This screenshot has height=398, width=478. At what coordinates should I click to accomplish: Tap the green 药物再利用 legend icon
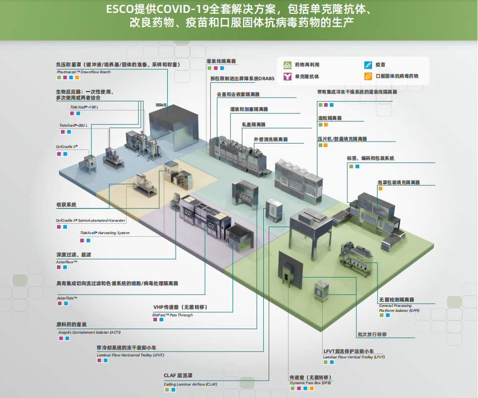pyautogui.click(x=287, y=65)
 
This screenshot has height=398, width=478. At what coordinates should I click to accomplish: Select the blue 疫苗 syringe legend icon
pyautogui.click(x=368, y=65)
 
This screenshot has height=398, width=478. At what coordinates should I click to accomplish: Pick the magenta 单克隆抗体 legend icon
pyautogui.click(x=287, y=76)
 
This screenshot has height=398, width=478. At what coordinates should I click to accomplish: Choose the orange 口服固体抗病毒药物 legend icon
pyautogui.click(x=368, y=76)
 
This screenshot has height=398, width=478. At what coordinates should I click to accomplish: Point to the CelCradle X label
pyautogui.click(x=67, y=147)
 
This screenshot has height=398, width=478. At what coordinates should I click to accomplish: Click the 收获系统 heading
pyautogui.click(x=66, y=204)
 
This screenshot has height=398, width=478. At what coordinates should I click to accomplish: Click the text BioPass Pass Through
pyautogui.click(x=173, y=315)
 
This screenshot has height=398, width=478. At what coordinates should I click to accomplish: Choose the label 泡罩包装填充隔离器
pyautogui.click(x=398, y=183)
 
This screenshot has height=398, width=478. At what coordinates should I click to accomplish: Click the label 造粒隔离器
pyautogui.click(x=330, y=118)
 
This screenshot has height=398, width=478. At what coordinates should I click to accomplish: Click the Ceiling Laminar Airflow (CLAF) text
pyautogui.click(x=190, y=384)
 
